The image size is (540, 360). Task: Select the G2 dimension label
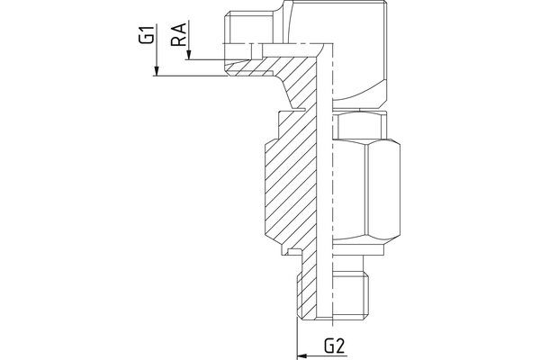[x=335, y=345]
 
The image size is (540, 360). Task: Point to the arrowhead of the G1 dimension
[x=156, y=72]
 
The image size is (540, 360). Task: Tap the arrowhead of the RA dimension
[x=188, y=57]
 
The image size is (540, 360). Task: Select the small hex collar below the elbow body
[x=360, y=125]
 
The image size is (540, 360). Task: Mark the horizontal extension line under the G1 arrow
[x=189, y=76]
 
